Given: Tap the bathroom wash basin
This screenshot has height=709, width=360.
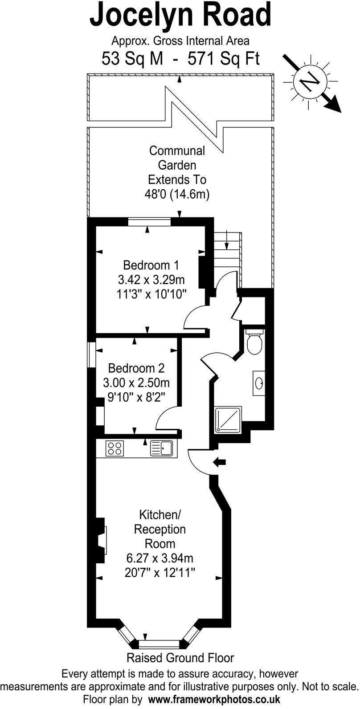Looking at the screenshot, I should pos(260,382).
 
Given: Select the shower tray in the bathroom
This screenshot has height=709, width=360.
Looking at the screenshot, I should pos(228,419).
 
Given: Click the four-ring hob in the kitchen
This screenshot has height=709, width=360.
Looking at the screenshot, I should pos(115,448).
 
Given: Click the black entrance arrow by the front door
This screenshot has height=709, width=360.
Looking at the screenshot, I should pos(220,462).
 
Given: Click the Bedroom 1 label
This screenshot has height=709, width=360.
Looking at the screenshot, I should pos(151,265).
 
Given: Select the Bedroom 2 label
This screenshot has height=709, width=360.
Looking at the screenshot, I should pos(136,368).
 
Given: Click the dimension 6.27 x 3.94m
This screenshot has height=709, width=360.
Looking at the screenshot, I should pos(160,558).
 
